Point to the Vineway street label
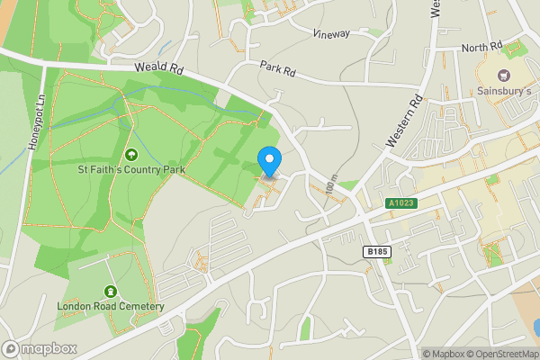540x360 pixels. (x=331, y=33)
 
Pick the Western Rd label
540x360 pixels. (x=403, y=121)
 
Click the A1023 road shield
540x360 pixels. (x=401, y=204)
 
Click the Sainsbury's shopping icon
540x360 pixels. (x=504, y=75)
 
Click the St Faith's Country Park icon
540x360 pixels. (x=132, y=154)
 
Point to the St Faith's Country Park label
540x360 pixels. (x=132, y=168)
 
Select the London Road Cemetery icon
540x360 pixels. (x=111, y=292)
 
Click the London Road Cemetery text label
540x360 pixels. (x=111, y=306)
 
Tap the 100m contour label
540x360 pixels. (x=331, y=186)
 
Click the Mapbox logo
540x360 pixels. (x=39, y=348)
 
